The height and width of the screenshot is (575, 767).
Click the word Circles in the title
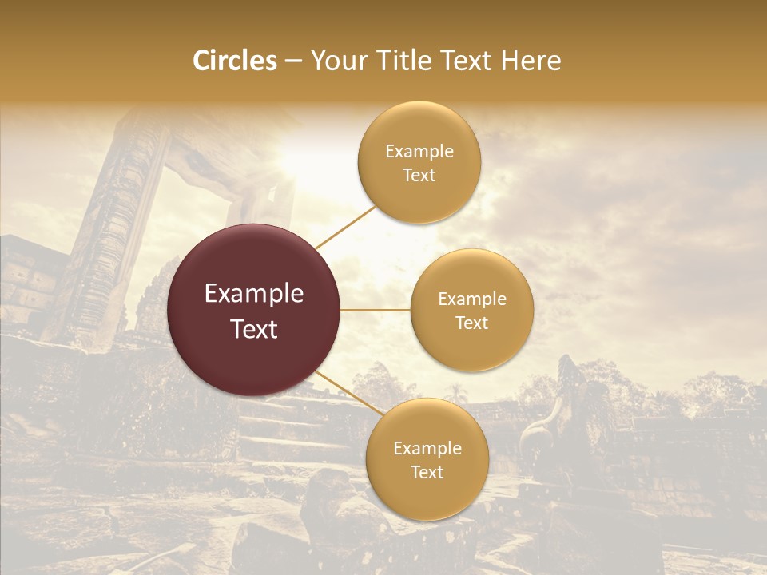[x=234, y=61]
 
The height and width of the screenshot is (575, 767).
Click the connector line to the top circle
[x=345, y=227]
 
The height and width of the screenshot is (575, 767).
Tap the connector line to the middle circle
[x=376, y=310]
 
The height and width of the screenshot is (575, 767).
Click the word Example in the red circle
[x=254, y=294]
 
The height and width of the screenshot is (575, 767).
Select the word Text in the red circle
[x=254, y=329]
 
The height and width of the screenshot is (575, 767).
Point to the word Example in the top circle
[x=419, y=152]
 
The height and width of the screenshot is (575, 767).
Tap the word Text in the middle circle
[x=471, y=323]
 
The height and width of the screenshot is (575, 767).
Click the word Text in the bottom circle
[x=427, y=472]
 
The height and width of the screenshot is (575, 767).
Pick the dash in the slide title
[x=293, y=61]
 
